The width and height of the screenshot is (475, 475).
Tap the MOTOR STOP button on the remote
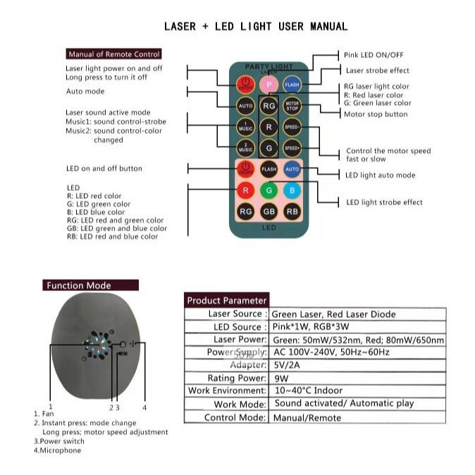[x=292, y=106]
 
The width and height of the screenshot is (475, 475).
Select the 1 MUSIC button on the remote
[x=245, y=128]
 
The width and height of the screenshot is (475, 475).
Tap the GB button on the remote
[x=269, y=211]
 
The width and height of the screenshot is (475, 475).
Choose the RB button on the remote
[x=292, y=211]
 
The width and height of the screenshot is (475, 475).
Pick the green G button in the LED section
[x=269, y=190]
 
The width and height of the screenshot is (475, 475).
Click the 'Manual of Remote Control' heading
[x=114, y=54]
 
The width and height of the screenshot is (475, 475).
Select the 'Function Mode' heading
[x=78, y=285]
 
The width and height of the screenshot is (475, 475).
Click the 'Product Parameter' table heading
[x=227, y=300]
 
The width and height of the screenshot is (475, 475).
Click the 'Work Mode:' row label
[x=240, y=405]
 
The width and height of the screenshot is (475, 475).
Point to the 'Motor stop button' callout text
[x=376, y=114]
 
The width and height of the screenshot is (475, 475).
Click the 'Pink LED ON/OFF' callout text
[x=374, y=54]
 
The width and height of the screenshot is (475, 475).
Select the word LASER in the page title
[x=180, y=27]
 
